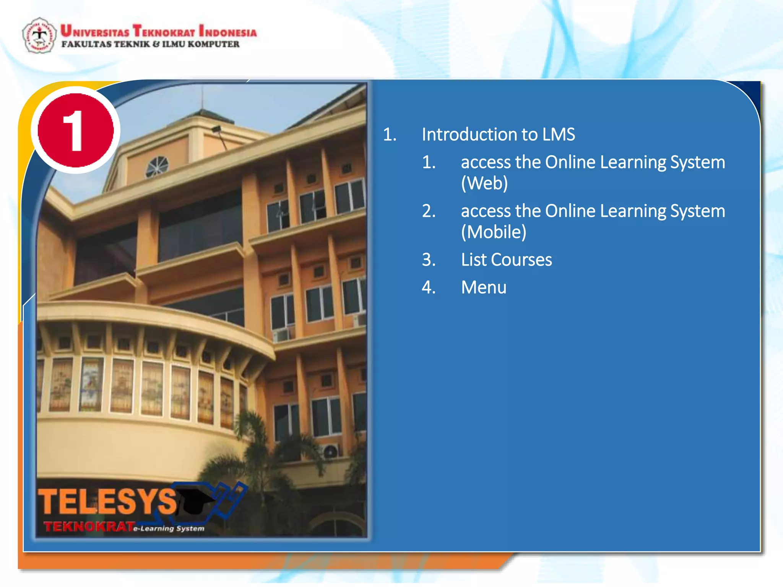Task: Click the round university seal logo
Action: click(39, 35)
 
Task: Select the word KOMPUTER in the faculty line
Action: click(213, 44)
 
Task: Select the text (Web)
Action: click(484, 183)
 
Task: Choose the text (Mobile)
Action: click(494, 232)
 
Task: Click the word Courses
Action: click(521, 260)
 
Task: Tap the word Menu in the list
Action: click(484, 287)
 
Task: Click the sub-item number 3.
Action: click(429, 260)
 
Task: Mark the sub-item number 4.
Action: click(429, 287)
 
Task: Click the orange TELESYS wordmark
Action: click(107, 501)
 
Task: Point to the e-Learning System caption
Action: click(169, 529)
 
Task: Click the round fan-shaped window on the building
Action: click(157, 167)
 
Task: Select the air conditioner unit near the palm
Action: click(330, 451)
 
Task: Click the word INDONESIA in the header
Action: click(228, 31)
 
